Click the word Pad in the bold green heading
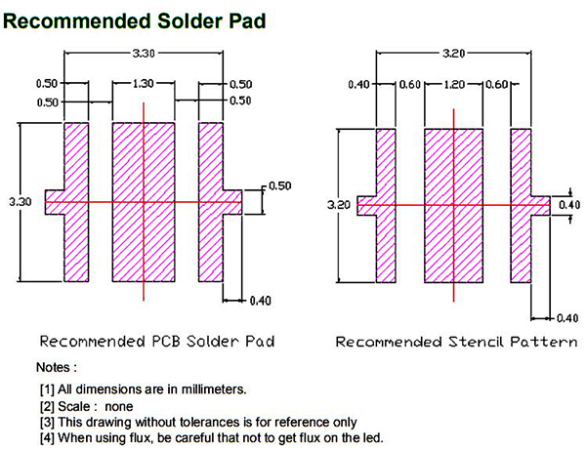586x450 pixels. tap(247, 21)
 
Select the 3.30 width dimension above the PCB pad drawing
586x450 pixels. tap(144, 54)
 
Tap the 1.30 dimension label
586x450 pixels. tap(144, 83)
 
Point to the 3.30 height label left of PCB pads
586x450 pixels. tap(21, 202)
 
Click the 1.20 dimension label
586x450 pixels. tap(454, 84)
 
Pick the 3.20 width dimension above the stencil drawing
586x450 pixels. tap(454, 54)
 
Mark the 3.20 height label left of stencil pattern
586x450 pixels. tap(339, 205)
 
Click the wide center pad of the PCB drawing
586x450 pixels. tap(144, 202)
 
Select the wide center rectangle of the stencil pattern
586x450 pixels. tap(454, 206)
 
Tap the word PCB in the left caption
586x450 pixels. tap(168, 342)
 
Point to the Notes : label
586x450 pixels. tap(57, 367)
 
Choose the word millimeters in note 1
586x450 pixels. tap(214, 389)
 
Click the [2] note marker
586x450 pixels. tap(47, 406)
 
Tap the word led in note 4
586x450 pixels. tap(373, 437)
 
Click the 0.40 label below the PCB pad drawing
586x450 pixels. tap(260, 301)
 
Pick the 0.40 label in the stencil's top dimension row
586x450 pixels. tap(358, 84)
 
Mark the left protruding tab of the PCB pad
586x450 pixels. tap(55, 202)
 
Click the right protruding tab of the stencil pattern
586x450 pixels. tap(541, 206)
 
